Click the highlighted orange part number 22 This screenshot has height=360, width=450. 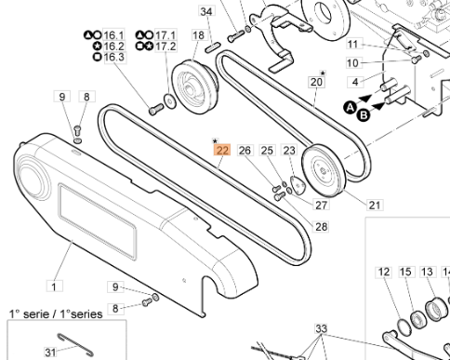click(x=221, y=150)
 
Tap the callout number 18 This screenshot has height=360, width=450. click(x=198, y=34)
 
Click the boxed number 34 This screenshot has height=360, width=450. click(x=206, y=12)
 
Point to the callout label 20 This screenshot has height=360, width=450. click(x=316, y=83)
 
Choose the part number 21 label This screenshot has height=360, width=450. click(x=376, y=205)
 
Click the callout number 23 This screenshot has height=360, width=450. click(x=289, y=150)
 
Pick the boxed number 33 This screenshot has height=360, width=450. click(x=322, y=328)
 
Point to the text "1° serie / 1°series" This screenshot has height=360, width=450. click(x=56, y=313)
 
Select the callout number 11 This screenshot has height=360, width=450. click(x=352, y=45)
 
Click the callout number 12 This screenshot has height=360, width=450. click(x=384, y=272)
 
